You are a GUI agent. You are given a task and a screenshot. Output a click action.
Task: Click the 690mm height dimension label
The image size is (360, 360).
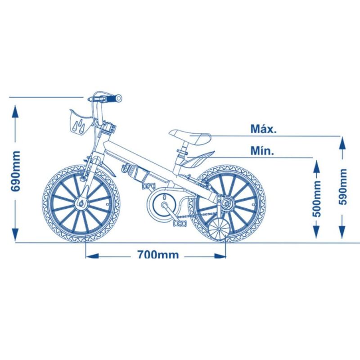coord(16,171)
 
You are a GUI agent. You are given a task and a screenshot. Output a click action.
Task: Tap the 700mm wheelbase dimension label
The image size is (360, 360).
coord(158,254)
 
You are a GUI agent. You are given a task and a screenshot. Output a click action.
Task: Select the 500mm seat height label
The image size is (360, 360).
coord(317,199)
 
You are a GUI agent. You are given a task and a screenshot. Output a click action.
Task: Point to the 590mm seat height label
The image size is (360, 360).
coord(343,187)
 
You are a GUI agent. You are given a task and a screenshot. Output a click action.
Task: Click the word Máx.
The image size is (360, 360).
coord(264,129)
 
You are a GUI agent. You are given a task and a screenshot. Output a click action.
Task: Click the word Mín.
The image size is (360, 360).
coord(262,151)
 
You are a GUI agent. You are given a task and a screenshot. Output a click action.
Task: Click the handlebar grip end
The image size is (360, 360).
coord(118,99)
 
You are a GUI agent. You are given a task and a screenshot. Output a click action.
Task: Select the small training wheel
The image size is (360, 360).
coord(219,229)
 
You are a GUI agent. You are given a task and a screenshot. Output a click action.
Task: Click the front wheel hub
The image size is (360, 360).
coord(81,203)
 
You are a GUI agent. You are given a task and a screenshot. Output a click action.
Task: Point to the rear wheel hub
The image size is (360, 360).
coord(227,203)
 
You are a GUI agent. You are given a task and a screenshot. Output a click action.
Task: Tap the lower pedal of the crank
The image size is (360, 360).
coord(180,223)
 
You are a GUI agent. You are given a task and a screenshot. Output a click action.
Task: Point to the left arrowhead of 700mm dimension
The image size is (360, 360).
coord(92,256)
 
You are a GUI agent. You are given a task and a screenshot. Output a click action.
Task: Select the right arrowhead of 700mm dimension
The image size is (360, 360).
coord(220,256)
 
